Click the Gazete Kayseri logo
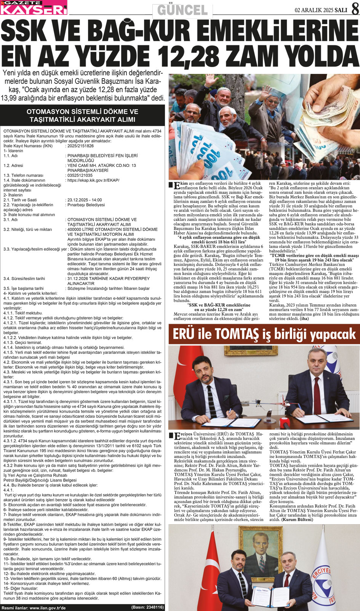[x=34, y=7]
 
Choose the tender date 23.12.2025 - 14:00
[x=84, y=200]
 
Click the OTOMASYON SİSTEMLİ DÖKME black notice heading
[x=82, y=115]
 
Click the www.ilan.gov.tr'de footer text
[x=48, y=608]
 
